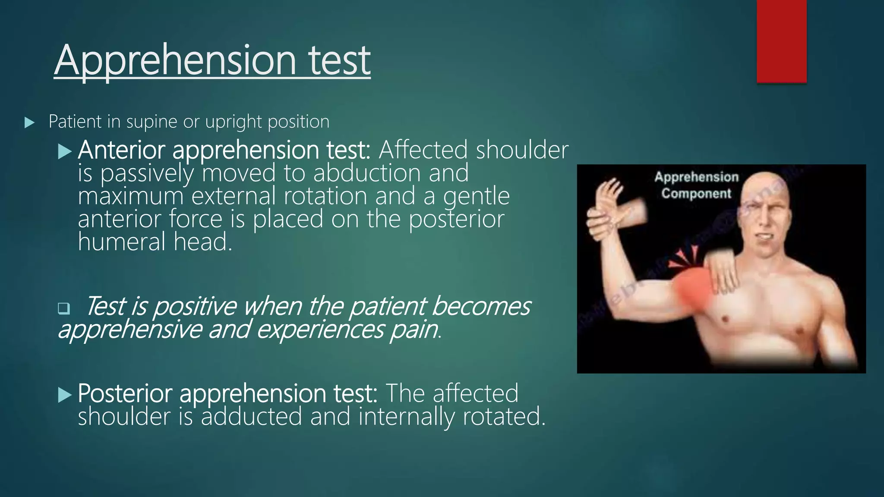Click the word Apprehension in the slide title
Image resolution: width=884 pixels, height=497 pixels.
pos(175,60)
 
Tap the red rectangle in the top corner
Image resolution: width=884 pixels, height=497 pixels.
pos(781,41)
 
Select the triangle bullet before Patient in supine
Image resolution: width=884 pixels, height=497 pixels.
pos(29,123)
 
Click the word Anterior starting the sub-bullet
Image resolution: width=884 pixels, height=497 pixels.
pos(121,150)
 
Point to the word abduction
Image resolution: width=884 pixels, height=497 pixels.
pos(367,173)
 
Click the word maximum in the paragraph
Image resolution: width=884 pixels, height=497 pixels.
pos(130,196)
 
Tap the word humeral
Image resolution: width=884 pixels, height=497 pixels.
pos(121,242)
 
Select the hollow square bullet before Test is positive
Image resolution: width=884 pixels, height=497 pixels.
pos(63,308)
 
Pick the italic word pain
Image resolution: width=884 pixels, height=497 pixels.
pos(414,330)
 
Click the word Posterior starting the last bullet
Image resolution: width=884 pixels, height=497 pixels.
pos(125,393)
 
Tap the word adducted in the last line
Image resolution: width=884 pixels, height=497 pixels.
pos(251,417)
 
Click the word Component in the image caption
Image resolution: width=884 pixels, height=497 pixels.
pos(696,193)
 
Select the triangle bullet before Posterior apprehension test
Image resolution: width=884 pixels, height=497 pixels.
pos(64,394)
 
